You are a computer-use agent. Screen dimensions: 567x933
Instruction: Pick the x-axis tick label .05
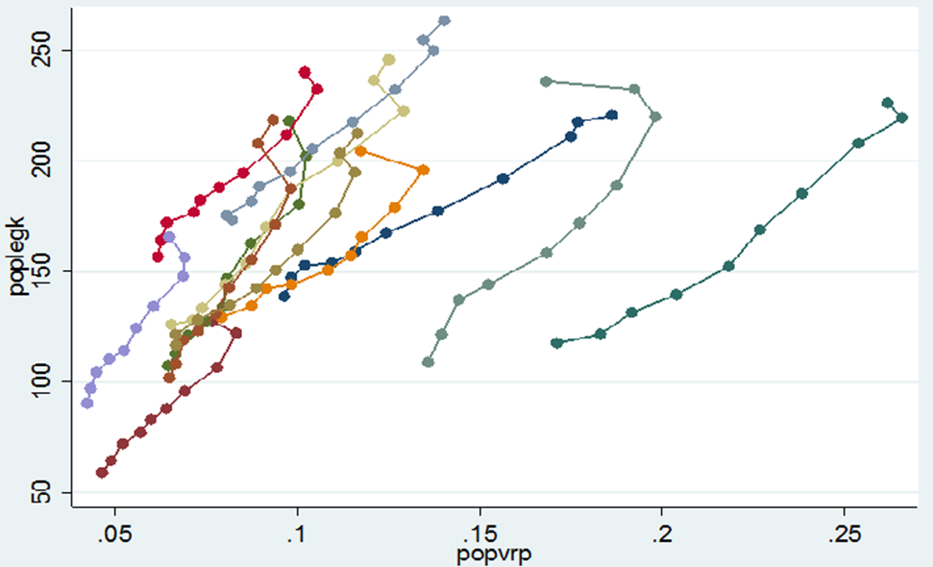point(114,530)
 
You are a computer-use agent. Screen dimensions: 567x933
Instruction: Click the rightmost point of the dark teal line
point(902,117)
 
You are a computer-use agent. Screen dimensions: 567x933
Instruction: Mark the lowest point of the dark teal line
point(556,343)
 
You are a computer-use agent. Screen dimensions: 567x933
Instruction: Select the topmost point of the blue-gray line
point(444,20)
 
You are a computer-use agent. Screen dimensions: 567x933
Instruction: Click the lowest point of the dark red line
point(102,472)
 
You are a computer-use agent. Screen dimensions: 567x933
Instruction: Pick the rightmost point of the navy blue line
point(612,115)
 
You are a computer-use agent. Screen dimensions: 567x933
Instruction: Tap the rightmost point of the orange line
point(423,170)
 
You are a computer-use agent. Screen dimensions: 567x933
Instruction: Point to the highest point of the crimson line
point(305,72)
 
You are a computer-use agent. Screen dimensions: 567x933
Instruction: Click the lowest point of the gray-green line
point(429,362)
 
